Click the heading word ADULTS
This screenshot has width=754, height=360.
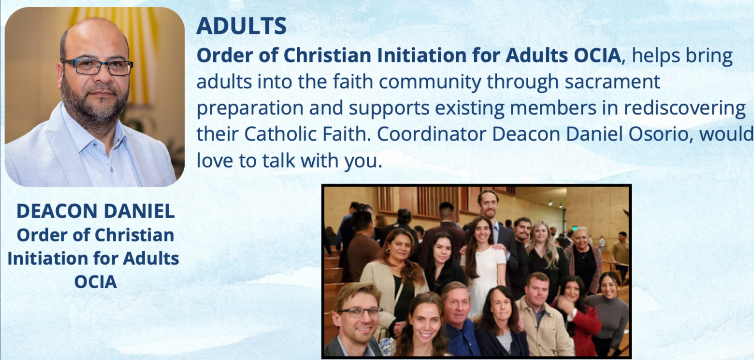[x=241, y=26]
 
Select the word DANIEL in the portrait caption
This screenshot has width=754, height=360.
[x=139, y=211]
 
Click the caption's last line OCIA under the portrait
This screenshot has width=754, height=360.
[x=96, y=282]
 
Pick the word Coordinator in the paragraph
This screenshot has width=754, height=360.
[x=432, y=134]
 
